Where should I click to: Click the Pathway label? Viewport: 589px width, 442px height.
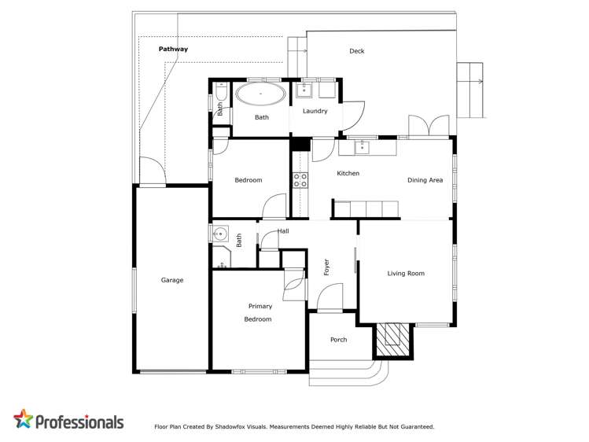[173, 49]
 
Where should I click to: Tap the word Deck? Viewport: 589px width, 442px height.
[357, 51]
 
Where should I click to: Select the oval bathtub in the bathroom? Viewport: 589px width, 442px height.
[261, 96]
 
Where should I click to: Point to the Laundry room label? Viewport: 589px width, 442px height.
[315, 111]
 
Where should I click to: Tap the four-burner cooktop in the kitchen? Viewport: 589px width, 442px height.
[300, 180]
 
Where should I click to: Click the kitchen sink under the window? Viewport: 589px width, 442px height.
[362, 146]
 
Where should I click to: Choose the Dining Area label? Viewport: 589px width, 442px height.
[425, 180]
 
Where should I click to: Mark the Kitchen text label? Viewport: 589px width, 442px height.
[348, 173]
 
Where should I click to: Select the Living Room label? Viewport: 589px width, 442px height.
[406, 274]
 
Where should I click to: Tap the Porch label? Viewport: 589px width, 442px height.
[338, 340]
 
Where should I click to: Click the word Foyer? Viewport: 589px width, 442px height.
[326, 267]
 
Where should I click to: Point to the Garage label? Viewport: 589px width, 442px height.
[172, 280]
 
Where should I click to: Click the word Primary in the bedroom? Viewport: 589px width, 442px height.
[260, 306]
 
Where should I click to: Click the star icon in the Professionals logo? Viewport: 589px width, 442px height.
[24, 419]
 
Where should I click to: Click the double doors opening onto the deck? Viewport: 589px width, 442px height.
[429, 126]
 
